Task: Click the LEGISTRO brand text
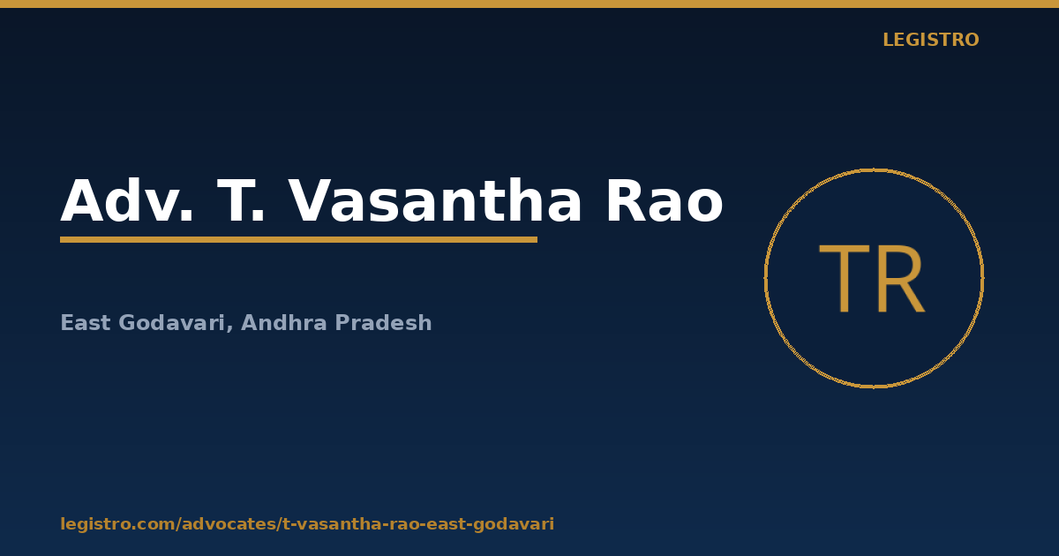click(x=930, y=40)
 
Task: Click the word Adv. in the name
click(x=127, y=200)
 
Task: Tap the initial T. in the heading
click(x=240, y=200)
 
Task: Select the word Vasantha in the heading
click(x=434, y=200)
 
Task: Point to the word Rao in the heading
click(x=665, y=200)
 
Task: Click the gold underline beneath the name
click(x=299, y=240)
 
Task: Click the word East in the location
click(x=86, y=323)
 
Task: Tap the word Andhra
click(x=284, y=323)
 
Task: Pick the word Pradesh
click(x=383, y=323)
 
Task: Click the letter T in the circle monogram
click(x=845, y=278)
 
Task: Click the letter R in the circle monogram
click(x=901, y=278)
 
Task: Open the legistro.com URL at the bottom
click(x=307, y=524)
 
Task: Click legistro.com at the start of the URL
click(x=117, y=524)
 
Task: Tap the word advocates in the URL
click(x=229, y=524)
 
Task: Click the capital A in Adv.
click(x=82, y=200)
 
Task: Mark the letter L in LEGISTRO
click(x=888, y=40)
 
